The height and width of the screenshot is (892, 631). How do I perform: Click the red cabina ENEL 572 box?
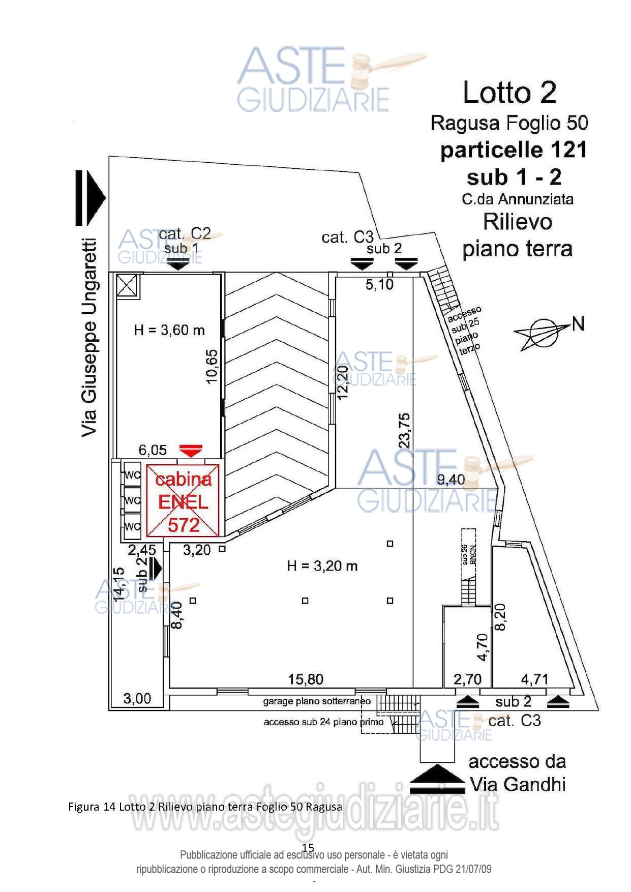[x=183, y=500]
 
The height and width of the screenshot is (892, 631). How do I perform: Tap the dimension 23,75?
[x=405, y=430]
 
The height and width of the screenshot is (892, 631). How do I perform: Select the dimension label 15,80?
[x=306, y=679]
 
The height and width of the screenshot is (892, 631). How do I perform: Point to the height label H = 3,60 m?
[x=169, y=331]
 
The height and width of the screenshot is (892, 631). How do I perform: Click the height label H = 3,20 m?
[x=322, y=566]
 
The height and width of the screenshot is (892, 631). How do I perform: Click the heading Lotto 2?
[x=509, y=93]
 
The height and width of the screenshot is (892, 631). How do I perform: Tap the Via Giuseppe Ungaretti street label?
[x=89, y=337]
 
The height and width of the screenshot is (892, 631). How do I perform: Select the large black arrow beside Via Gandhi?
[x=437, y=779]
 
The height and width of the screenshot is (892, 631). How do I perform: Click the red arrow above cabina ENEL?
[x=191, y=450]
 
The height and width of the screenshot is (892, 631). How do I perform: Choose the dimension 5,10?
[x=379, y=285]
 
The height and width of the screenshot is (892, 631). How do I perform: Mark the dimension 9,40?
[x=451, y=480]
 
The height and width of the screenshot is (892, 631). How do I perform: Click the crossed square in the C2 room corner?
[x=127, y=286]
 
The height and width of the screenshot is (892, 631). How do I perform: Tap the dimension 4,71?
[x=534, y=679]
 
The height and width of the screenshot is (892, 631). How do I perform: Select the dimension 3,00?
[x=137, y=699]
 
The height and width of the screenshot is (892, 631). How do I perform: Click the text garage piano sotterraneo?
[x=317, y=702]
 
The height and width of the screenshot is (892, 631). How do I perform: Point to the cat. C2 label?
[x=185, y=234]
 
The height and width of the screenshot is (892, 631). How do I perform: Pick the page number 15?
[x=308, y=847]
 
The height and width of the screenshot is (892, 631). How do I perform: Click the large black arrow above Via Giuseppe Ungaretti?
[x=89, y=197]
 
